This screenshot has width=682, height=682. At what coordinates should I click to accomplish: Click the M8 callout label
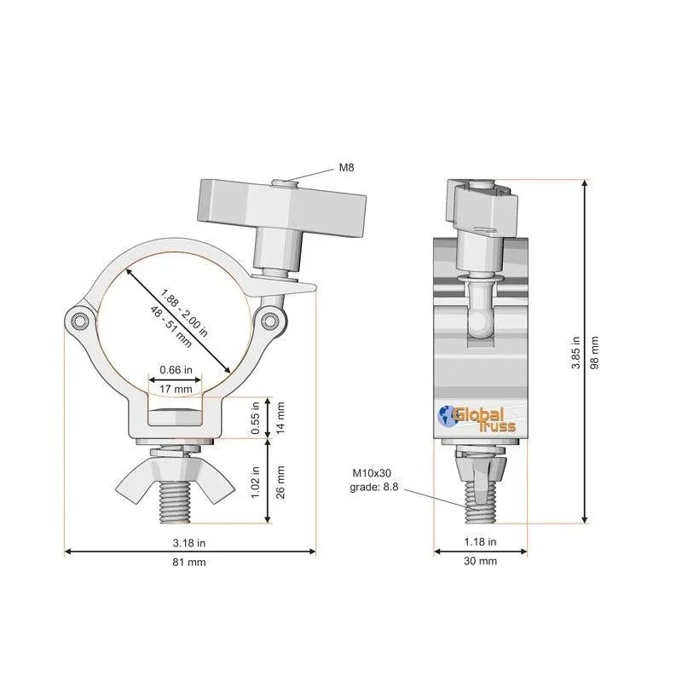[x=346, y=168]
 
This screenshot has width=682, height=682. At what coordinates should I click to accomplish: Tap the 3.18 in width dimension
[x=188, y=541]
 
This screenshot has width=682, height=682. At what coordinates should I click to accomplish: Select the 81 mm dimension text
[x=188, y=562]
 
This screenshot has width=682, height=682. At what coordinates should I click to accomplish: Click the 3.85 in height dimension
[x=576, y=351]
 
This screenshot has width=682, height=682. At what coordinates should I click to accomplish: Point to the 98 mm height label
[x=595, y=351]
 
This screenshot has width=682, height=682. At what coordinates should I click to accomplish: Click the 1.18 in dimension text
[x=481, y=541]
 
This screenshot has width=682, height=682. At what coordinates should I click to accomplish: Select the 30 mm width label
[x=481, y=561]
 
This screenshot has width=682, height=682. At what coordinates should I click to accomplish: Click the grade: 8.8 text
[x=372, y=488]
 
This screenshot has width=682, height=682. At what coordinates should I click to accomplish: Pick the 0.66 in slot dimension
[x=176, y=371]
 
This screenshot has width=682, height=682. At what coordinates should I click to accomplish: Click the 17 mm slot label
[x=176, y=389]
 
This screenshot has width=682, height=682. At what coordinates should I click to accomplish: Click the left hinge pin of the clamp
[x=79, y=320]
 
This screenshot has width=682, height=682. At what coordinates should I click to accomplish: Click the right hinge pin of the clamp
[x=271, y=320]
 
